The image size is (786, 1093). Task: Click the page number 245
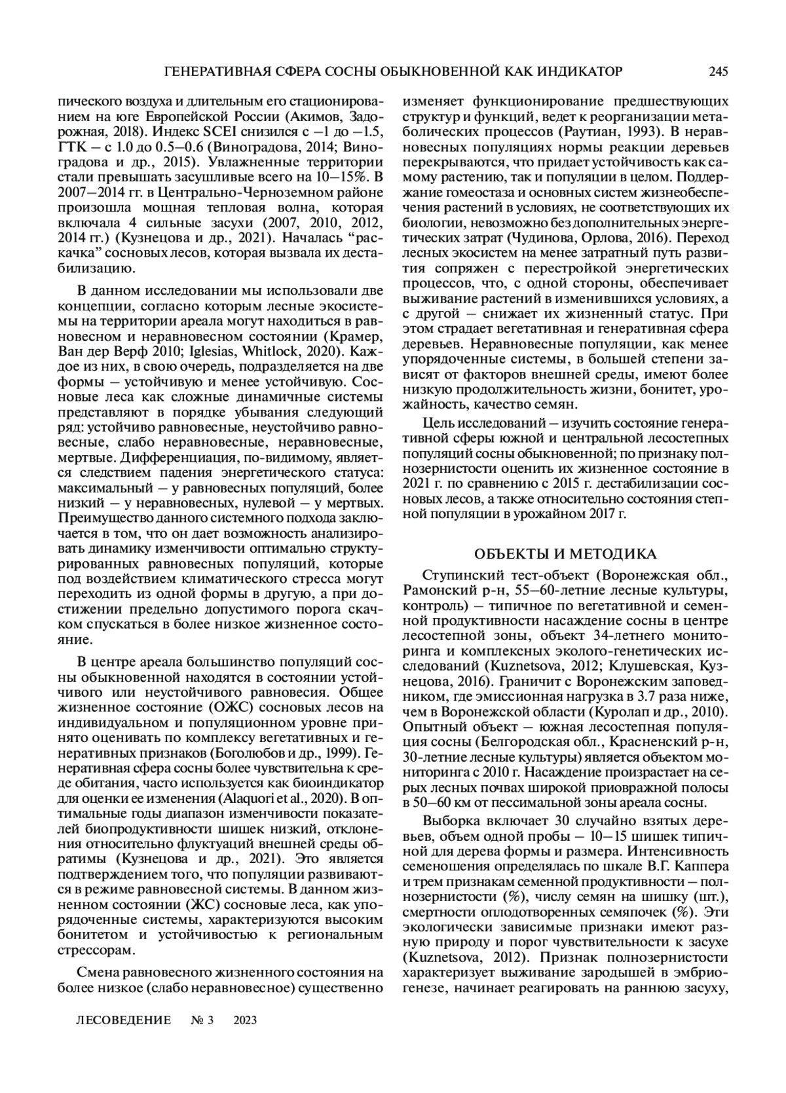click(x=718, y=71)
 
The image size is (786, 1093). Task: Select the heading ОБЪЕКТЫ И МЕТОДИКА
click(x=565, y=555)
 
